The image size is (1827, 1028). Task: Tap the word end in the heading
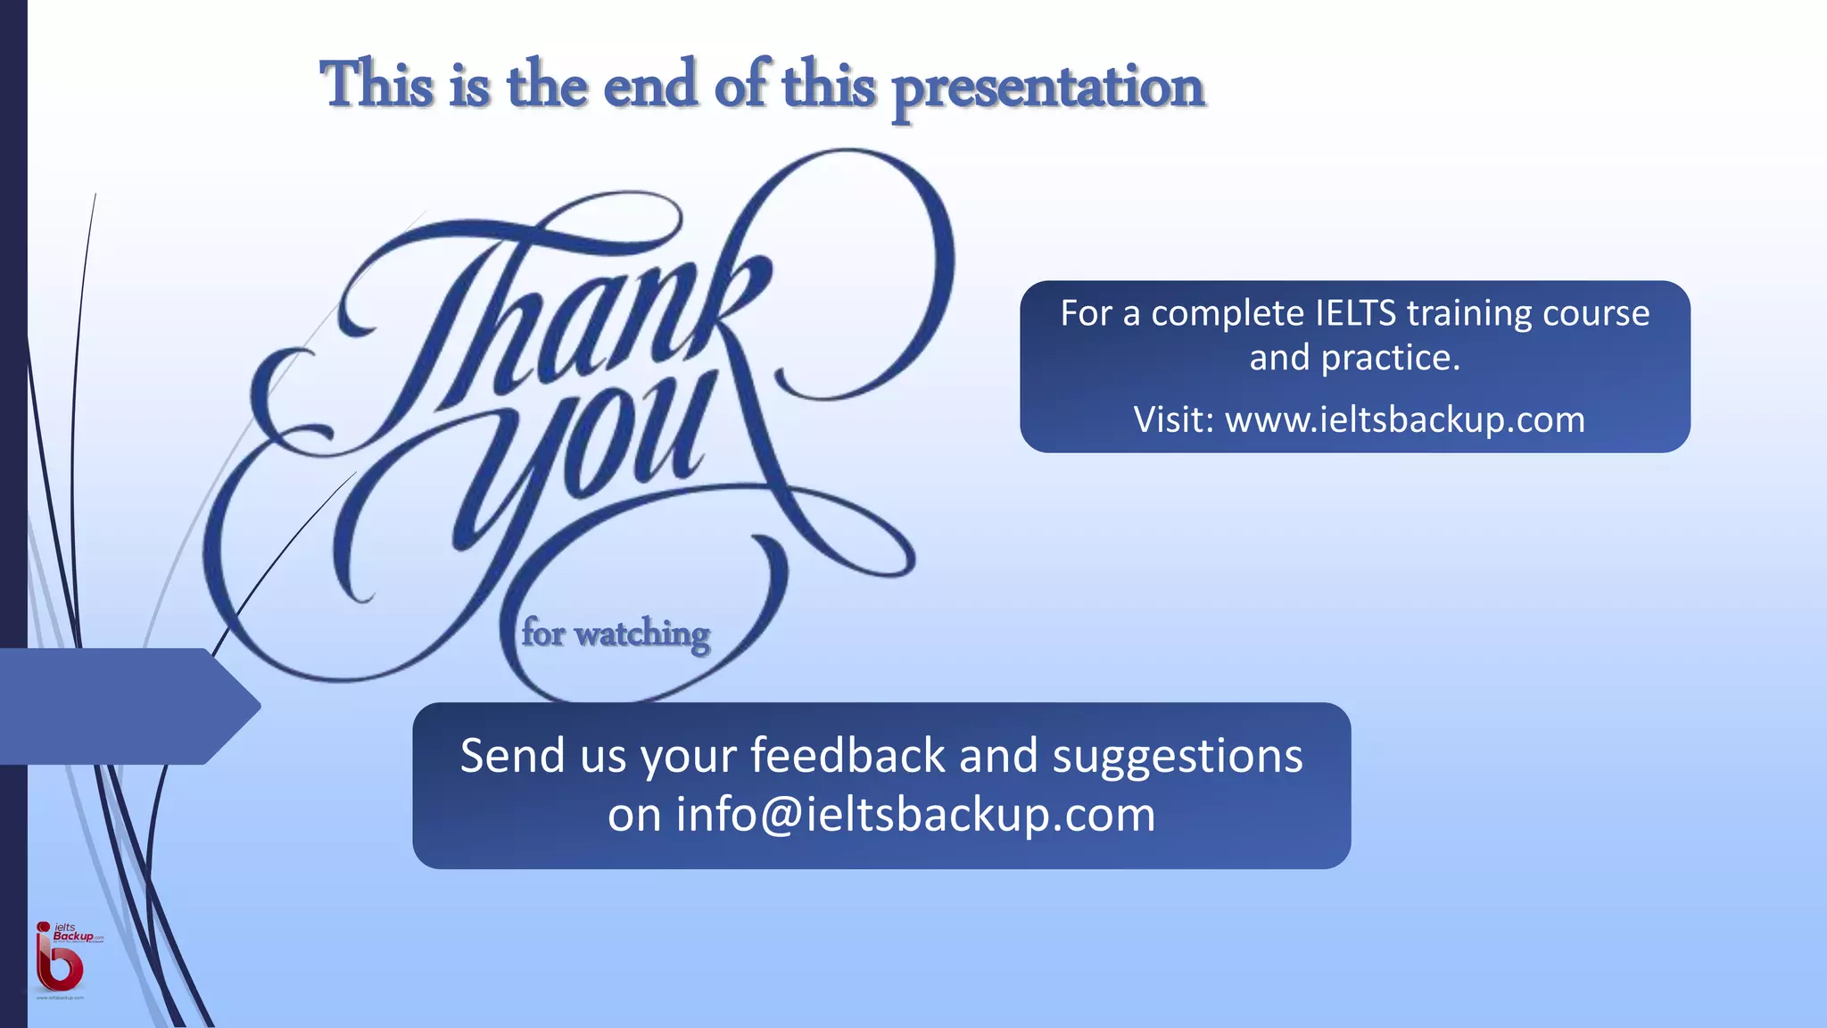[x=650, y=86]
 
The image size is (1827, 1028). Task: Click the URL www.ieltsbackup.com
[x=1405, y=419]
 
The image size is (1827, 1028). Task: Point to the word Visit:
[x=1173, y=419]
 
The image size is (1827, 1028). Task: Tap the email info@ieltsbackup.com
[x=915, y=815]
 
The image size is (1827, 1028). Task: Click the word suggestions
[x=1178, y=758]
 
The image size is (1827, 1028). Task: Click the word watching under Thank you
[x=642, y=635]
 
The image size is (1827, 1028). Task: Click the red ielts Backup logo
[x=61, y=959]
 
